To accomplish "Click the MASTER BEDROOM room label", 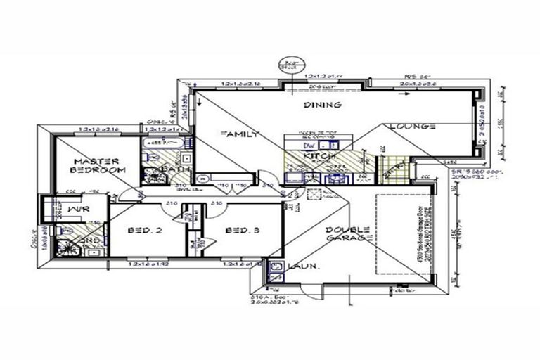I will click(x=98, y=165).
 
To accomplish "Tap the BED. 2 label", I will click(x=146, y=231).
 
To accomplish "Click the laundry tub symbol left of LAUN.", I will click(x=276, y=267).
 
